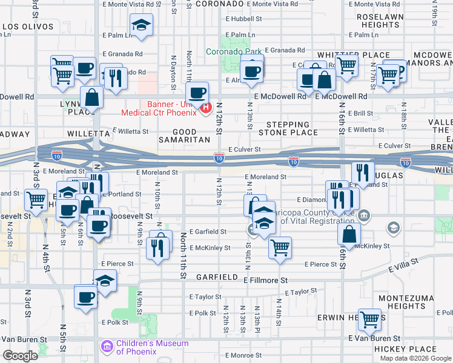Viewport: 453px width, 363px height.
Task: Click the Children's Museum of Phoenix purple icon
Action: pos(106,347)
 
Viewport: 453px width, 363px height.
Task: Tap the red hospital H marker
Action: pos(205,108)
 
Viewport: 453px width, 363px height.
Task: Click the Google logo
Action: pos(20,356)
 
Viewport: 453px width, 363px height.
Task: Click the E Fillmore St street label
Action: pos(265,281)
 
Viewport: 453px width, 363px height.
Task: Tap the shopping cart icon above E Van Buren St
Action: pos(369,319)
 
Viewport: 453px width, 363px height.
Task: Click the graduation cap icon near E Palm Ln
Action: pos(141,25)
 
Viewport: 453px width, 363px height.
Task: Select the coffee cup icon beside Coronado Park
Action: pos(251,71)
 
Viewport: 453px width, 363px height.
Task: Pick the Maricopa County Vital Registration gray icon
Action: pos(365,215)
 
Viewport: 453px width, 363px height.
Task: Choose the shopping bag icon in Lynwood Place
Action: pos(91,97)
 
